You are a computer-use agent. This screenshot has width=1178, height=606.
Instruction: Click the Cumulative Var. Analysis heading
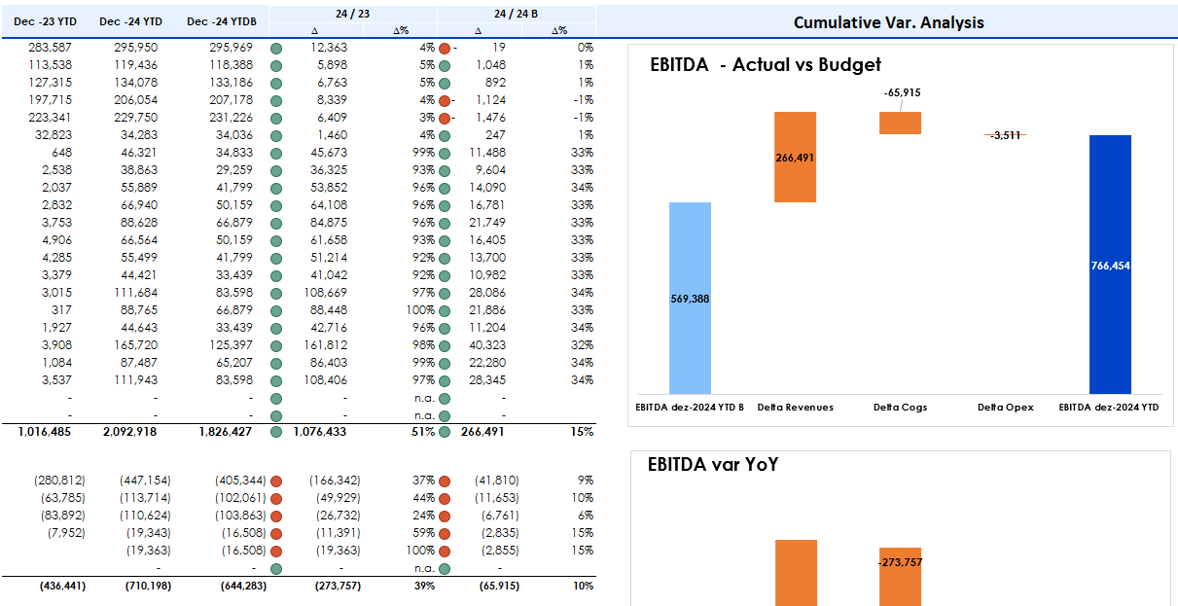point(888,21)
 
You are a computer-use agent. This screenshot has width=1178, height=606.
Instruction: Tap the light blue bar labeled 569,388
point(690,298)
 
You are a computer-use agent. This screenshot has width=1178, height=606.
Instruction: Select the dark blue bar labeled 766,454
point(1110,264)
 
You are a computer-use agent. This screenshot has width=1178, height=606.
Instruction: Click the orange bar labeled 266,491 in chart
point(795,157)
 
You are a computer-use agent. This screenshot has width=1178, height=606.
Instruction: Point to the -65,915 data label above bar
point(902,92)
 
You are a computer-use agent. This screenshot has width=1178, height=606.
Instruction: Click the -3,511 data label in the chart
point(1005,135)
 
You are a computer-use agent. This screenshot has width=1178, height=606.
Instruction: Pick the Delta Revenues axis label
point(795,407)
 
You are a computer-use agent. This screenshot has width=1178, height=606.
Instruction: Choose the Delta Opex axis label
point(1005,407)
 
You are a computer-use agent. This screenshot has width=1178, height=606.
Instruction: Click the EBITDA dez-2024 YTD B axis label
point(690,407)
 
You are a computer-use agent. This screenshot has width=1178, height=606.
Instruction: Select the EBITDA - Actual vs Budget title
point(765,65)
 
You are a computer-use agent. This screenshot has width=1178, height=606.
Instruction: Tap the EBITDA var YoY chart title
point(712,465)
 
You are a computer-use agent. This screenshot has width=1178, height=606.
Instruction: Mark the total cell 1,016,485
point(45,432)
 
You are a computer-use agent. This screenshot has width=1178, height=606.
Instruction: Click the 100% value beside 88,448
point(420,309)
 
